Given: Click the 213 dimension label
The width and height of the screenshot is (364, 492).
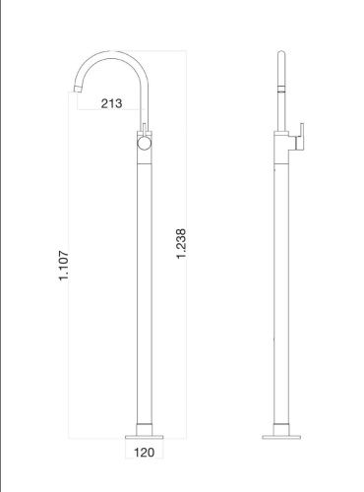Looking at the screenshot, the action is point(111,103).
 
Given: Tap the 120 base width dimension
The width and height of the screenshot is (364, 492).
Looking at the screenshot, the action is point(145,453).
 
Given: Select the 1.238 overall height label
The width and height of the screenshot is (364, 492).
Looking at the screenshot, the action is point(181,244).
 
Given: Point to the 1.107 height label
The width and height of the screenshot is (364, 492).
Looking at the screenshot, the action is point(64,266).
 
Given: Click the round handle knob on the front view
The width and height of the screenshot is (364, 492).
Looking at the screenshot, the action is point(144,144).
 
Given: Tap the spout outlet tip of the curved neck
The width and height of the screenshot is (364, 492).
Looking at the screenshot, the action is point(77,89).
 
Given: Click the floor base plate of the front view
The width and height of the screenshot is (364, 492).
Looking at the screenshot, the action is point(145,437).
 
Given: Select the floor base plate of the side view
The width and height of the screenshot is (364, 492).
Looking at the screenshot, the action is point(281,437).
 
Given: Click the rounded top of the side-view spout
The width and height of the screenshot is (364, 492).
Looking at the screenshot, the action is point(281,54).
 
